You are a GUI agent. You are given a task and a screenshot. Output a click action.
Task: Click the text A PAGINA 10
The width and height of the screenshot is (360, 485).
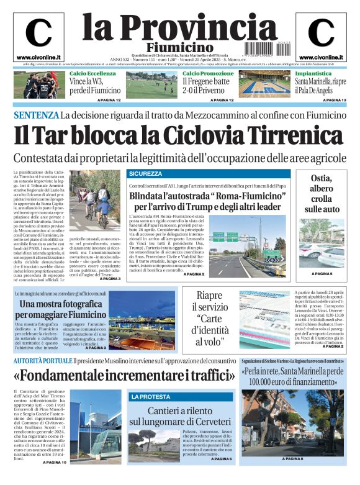[54, 462]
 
